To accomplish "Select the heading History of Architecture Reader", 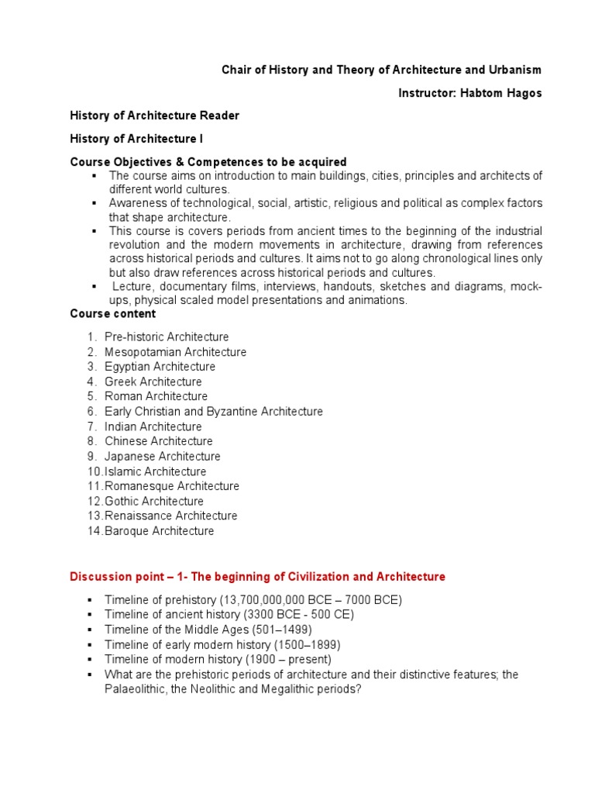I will click(154, 116).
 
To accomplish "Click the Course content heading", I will click(112, 314).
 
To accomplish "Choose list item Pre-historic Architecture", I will click(167, 337).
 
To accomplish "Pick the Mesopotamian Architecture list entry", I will click(175, 352).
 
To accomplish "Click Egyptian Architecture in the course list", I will click(160, 367).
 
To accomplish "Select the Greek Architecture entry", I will click(153, 381).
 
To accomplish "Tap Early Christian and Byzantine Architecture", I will click(213, 412).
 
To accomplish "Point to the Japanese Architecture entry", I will click(162, 457).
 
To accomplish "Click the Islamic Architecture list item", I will click(155, 471).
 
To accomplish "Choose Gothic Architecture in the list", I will click(154, 501).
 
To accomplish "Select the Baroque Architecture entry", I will click(159, 531).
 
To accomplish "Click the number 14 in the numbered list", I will click(94, 531).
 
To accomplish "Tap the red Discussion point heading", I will click(257, 577).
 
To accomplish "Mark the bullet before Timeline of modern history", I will click(91, 659).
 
